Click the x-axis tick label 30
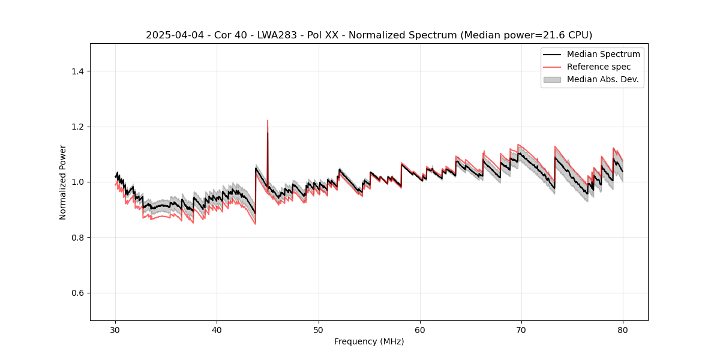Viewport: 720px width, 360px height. coord(116,330)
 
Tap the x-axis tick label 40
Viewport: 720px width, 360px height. coord(217,330)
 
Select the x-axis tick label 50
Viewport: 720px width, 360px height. coord(319,330)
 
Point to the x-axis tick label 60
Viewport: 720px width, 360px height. coord(420,330)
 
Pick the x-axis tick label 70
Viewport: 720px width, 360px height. coord(521,330)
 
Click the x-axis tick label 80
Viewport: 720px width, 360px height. coord(623,330)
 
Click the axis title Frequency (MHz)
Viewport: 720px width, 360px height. coord(369,341)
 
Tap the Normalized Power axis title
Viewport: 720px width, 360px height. coord(63,182)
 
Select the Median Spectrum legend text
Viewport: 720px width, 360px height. coord(603,54)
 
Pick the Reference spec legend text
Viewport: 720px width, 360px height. coord(599,67)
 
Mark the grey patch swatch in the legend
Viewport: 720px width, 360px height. coord(552,79)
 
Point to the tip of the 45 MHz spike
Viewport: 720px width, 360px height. coord(268,120)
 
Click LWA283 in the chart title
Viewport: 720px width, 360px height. coord(271,35)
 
